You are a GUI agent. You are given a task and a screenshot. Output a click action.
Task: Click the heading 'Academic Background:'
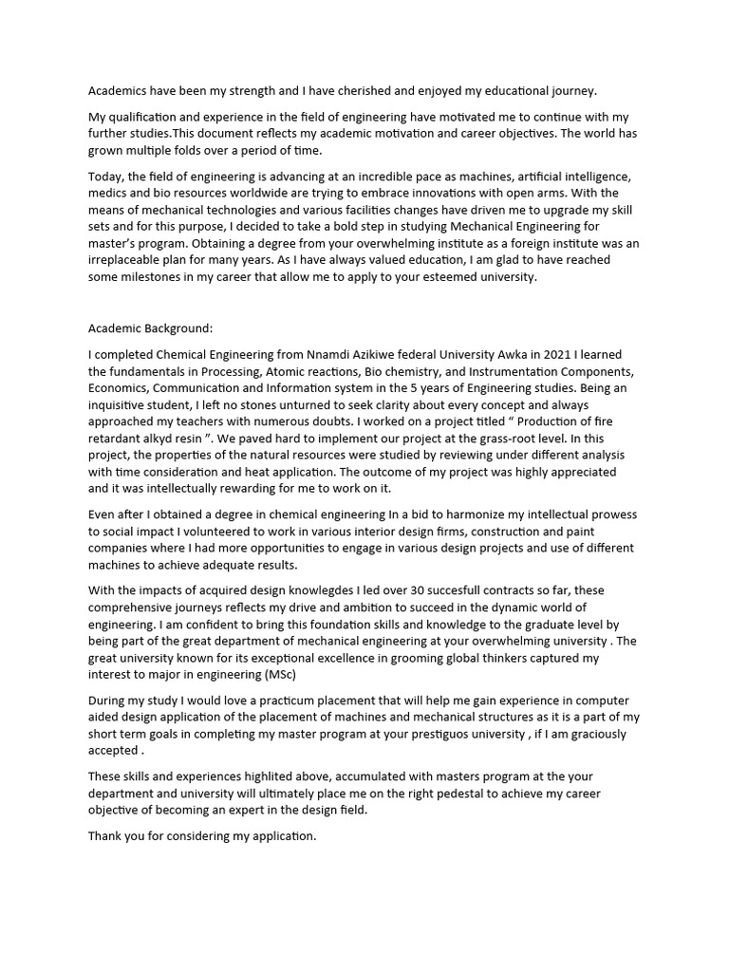(x=150, y=328)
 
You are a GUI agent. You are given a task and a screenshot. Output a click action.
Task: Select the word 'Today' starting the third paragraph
(x=104, y=178)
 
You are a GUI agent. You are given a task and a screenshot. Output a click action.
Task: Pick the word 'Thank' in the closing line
(x=106, y=835)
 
